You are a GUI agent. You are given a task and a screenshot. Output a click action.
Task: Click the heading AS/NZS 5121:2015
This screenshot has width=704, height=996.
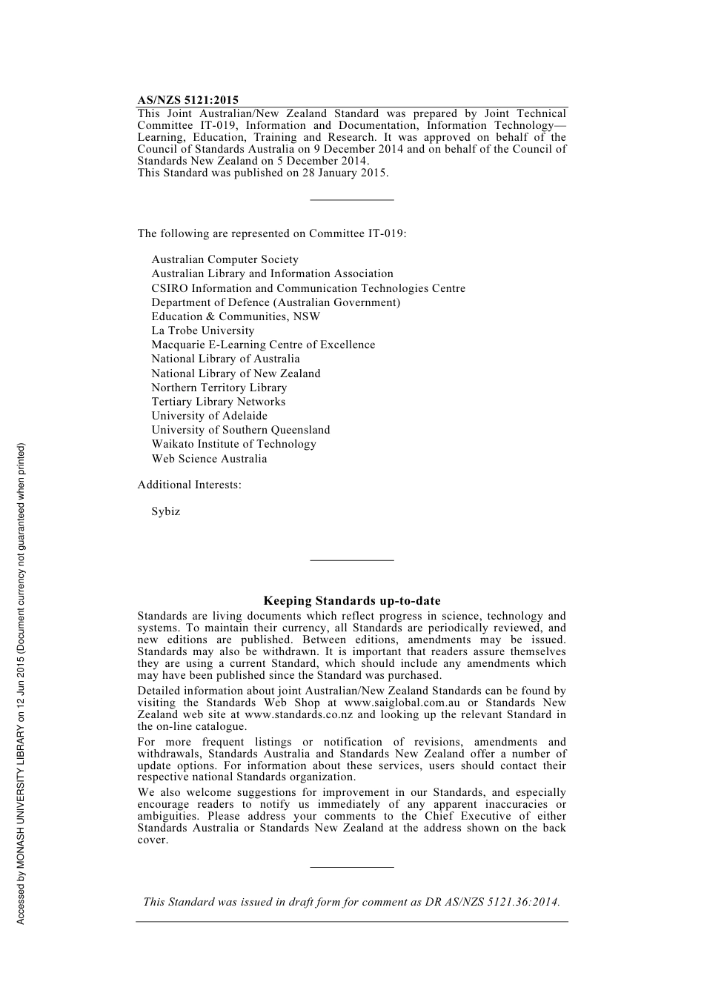tap(187, 100)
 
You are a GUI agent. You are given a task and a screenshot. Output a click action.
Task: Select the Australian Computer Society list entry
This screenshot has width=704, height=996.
tap(225, 259)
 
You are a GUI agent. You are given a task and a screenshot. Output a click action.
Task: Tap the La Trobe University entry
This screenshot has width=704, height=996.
tap(202, 331)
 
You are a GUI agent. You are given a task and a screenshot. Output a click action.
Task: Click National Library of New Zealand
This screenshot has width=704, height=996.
tap(236, 373)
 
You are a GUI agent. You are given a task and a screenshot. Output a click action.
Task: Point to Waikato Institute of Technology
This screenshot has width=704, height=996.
tap(233, 444)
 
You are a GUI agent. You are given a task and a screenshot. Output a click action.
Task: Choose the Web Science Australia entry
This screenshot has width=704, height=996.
tap(209, 459)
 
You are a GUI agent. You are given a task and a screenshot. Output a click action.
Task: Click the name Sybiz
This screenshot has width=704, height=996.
tap(165, 511)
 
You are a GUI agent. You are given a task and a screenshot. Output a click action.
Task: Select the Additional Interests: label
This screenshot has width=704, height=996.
tap(189, 485)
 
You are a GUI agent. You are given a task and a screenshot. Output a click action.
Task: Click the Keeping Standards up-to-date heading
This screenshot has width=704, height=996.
tap(351, 601)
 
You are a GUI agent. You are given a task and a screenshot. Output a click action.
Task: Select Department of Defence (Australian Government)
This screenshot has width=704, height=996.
tap(276, 302)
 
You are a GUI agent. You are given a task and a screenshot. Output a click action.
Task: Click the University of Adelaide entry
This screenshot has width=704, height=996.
tap(209, 416)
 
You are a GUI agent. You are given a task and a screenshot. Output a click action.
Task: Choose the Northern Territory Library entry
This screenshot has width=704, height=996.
tap(219, 388)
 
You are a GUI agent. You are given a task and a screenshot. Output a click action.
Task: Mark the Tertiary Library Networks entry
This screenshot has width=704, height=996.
tap(218, 402)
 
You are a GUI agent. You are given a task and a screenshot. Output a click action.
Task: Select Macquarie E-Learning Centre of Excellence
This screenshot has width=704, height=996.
tap(263, 345)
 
